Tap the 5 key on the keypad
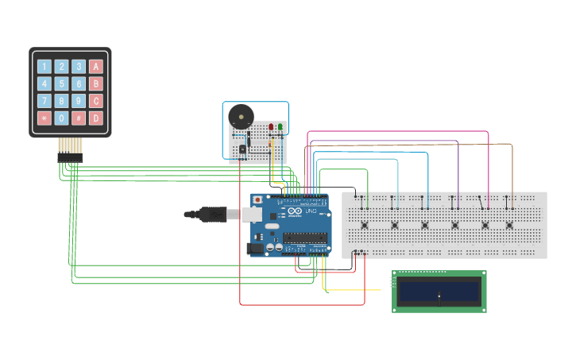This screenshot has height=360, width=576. click(62, 83)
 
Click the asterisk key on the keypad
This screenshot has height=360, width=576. click(44, 118)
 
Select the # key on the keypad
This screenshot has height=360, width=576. click(79, 118)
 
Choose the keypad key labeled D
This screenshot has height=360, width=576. click(96, 118)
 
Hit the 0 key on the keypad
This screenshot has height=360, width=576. click(62, 118)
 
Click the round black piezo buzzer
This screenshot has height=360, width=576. click(241, 118)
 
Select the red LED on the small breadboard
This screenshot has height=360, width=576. click(271, 127)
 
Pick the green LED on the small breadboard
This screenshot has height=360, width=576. click(280, 127)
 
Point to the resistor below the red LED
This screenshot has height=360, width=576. click(271, 144)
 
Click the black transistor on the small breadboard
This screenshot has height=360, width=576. click(242, 149)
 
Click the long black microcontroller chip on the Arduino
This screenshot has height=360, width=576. click(305, 236)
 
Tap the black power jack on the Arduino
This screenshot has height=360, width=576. click(255, 248)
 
